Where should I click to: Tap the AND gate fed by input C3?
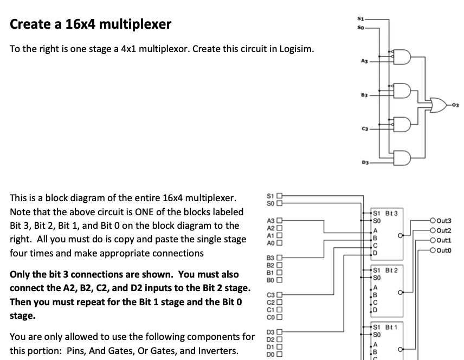click(x=403, y=124)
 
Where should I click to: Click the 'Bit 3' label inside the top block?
click(x=391, y=214)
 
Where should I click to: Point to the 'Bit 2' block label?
click(x=391, y=270)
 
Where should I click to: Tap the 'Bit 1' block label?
click(x=391, y=327)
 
